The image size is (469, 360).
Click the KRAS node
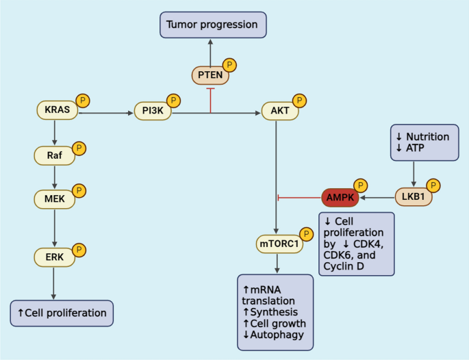pos(56,110)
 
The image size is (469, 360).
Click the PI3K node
pos(153,110)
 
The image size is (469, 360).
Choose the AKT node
pos(279,110)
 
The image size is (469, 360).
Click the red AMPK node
pos(339,197)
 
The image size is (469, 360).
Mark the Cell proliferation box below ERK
pos(62,313)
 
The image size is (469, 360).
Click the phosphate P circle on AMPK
pos(359,186)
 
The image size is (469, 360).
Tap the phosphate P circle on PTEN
pos(231,65)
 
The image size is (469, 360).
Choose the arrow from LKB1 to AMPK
pos(378,197)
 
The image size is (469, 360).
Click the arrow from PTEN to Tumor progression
pos(210,49)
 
